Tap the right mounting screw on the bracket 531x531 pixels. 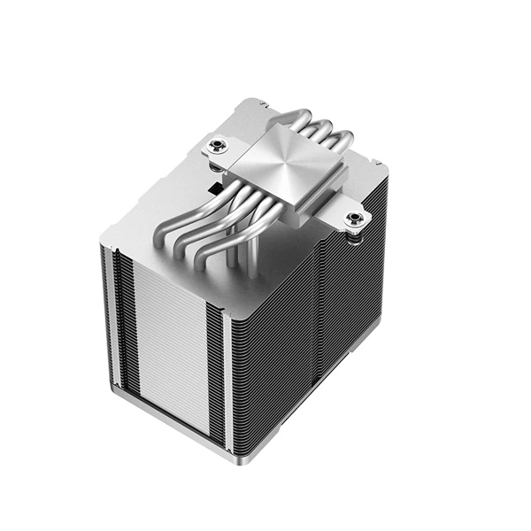[356, 219]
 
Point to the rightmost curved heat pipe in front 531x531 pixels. [221, 249]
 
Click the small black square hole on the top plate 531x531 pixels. [216, 189]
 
